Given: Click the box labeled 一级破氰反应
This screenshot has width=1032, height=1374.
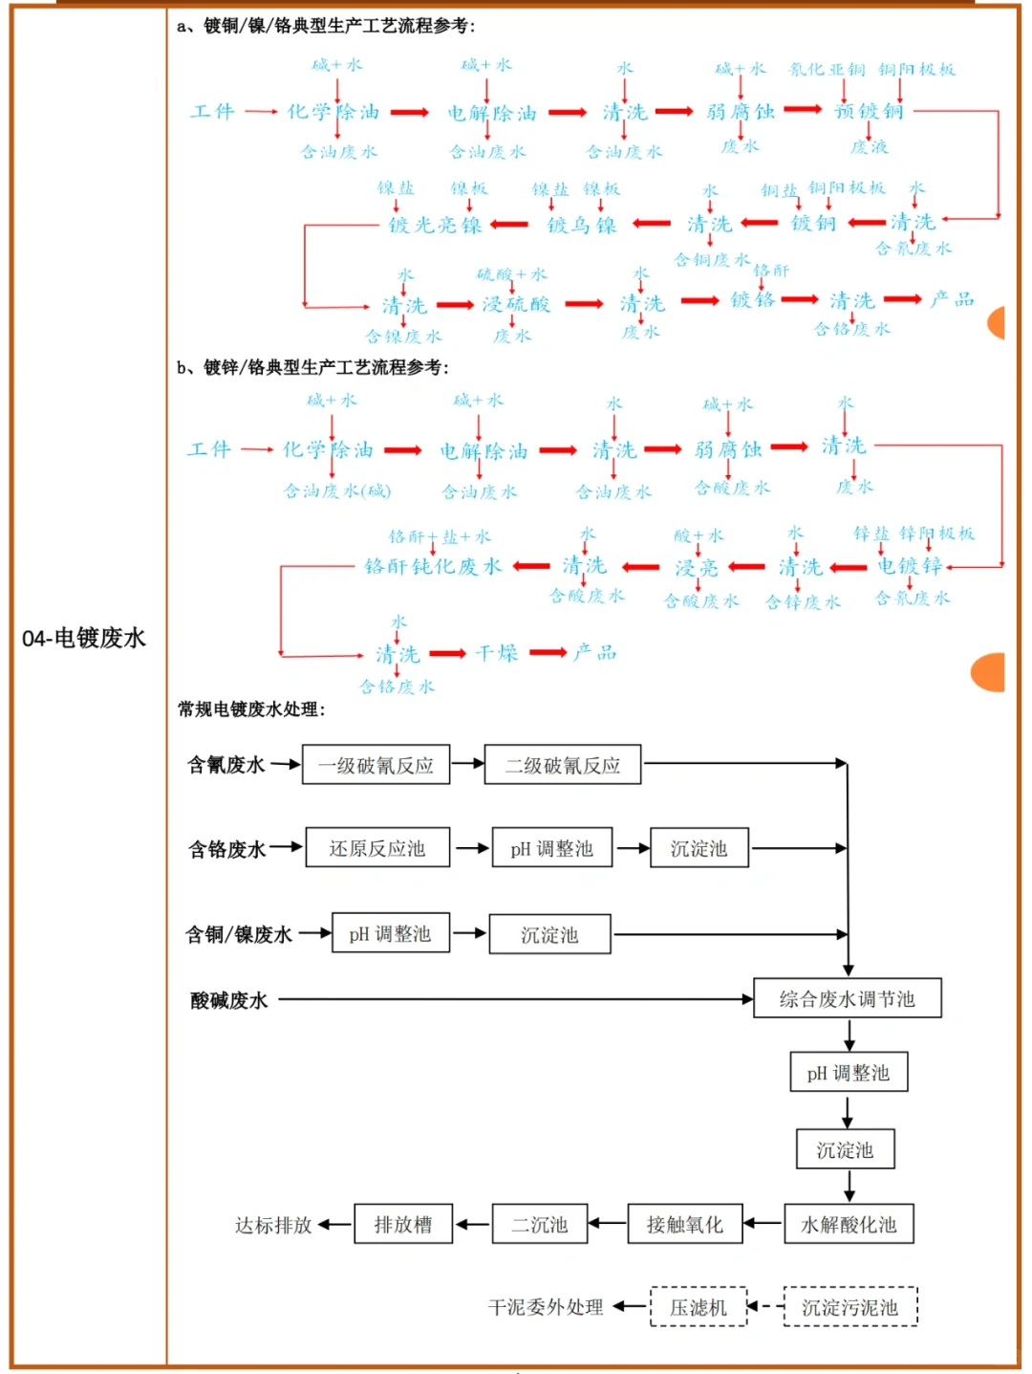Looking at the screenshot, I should click(x=376, y=765).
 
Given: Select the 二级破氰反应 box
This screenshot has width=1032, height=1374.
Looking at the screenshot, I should click(x=562, y=765).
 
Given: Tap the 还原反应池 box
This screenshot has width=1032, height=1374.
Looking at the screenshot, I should click(x=377, y=848).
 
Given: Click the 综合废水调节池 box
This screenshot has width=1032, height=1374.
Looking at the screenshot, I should click(x=847, y=998).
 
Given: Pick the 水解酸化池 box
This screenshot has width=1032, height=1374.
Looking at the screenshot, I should click(x=849, y=1224).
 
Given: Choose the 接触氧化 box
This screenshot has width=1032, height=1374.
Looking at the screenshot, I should click(x=684, y=1224).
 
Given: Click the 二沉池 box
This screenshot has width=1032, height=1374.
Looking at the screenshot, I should click(x=539, y=1224).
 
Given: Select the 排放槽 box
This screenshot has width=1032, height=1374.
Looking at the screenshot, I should click(x=402, y=1224).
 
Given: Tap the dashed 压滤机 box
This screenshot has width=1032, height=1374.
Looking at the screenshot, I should click(x=698, y=1307).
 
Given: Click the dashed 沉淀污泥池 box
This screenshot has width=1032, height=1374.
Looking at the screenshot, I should click(x=849, y=1307).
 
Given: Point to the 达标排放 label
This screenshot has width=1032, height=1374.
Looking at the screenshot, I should click(x=273, y=1225).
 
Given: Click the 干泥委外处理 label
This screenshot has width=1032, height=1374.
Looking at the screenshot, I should click(x=546, y=1307).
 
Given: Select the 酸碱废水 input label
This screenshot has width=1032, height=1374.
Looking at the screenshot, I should click(x=229, y=1000).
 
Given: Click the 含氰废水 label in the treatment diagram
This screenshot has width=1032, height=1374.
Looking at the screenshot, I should click(x=226, y=765).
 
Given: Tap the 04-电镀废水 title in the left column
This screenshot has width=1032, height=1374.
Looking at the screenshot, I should click(x=84, y=638).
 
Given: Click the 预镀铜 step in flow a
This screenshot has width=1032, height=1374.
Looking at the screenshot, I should click(x=868, y=111).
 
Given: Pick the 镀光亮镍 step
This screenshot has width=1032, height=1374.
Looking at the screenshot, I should click(x=435, y=225).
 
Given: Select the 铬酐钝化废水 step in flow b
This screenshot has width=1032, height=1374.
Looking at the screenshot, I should click(x=433, y=566).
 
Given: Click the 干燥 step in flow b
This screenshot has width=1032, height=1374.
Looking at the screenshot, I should click(x=497, y=653).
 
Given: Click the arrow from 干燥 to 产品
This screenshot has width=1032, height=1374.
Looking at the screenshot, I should click(x=548, y=653).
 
